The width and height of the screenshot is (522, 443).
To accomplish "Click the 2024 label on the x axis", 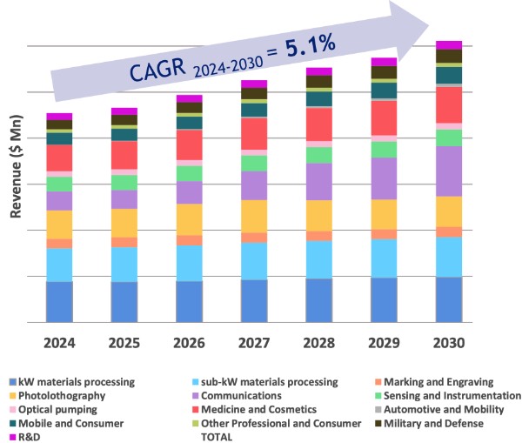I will (58, 342).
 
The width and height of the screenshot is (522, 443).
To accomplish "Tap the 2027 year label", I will (253, 342).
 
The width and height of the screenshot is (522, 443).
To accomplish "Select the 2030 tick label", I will (448, 342).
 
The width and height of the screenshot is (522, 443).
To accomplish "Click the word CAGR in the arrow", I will (160, 71).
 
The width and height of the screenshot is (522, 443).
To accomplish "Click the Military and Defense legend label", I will (435, 423).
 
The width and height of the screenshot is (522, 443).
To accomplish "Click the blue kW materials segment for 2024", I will (59, 301).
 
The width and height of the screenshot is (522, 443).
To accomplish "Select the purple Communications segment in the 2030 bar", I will (448, 171).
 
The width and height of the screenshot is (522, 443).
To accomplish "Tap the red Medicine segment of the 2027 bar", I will (254, 134).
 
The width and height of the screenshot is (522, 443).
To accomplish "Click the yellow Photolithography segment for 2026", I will (189, 219).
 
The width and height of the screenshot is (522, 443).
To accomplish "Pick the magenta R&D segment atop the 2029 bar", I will (384, 62).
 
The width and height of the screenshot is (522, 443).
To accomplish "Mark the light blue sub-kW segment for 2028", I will (318, 259).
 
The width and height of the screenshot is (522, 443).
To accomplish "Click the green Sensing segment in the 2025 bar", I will (124, 182).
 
